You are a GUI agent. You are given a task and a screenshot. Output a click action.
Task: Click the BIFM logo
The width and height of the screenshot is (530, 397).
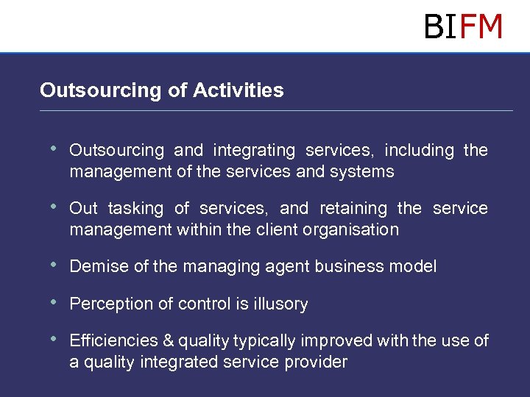pos(463,26)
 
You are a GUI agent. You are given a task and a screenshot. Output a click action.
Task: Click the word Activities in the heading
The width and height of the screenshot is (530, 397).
pos(238,90)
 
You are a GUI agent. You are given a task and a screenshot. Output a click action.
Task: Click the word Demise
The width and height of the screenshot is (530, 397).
pos(99,267)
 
